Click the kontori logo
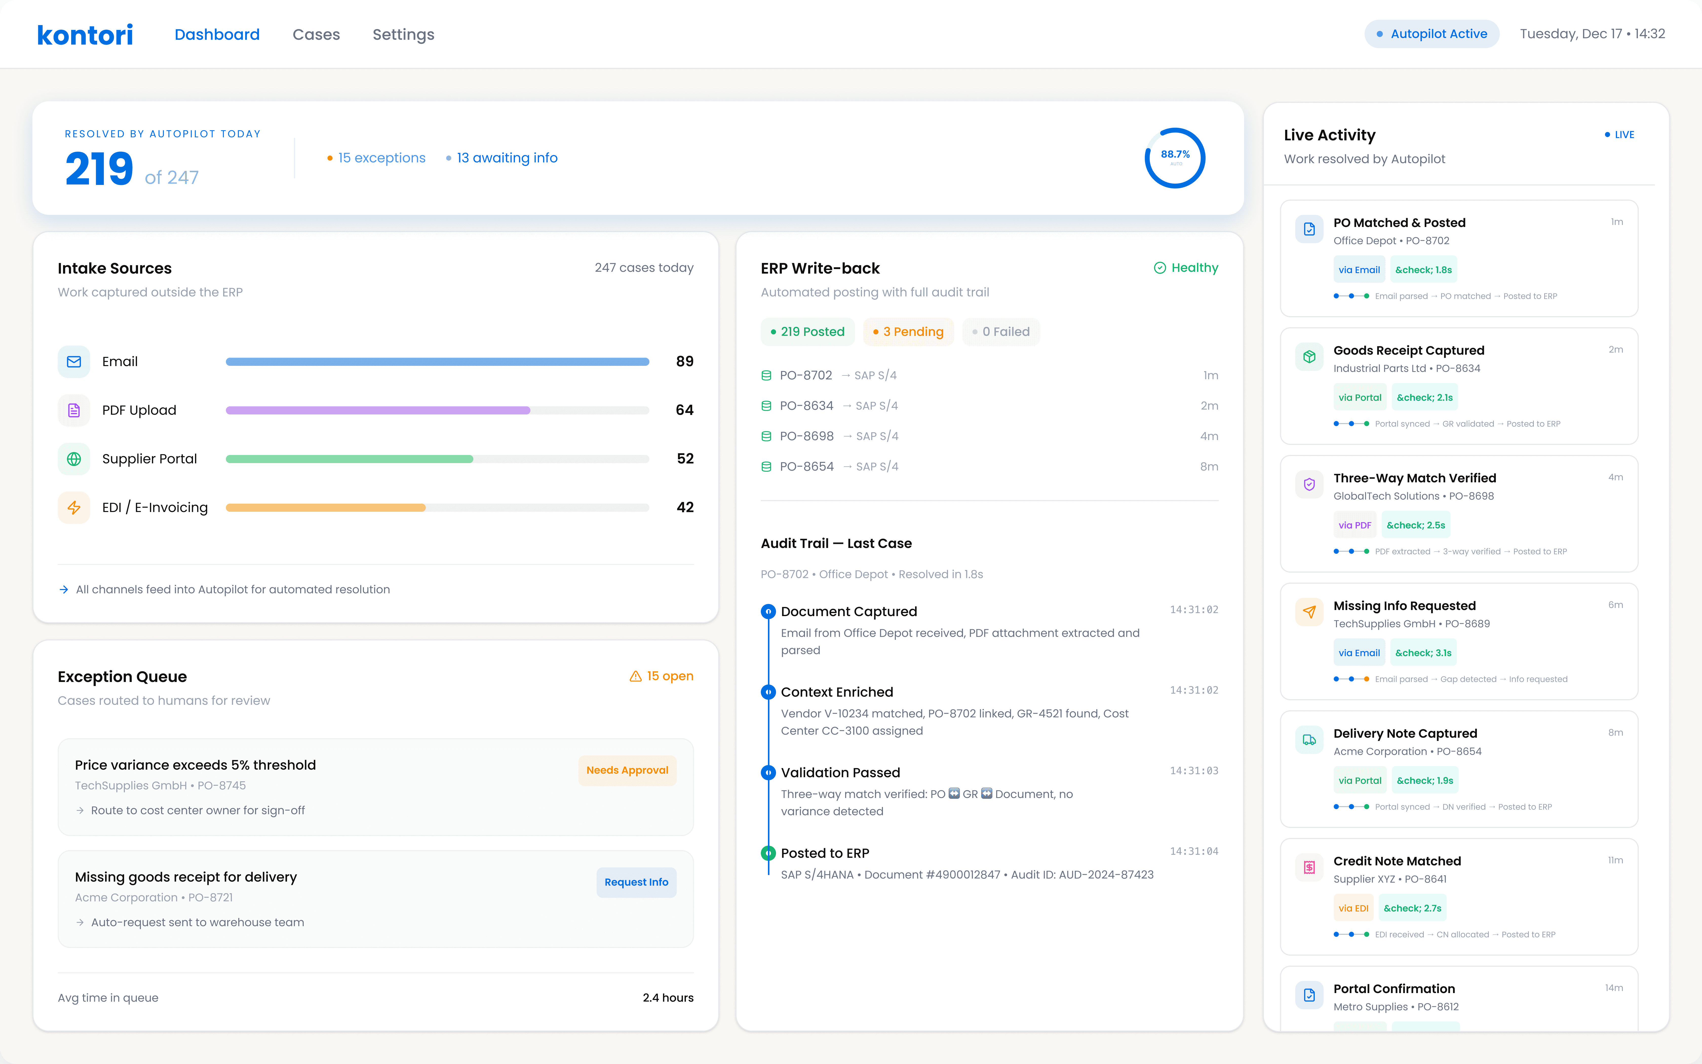(84, 34)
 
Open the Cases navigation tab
(316, 34)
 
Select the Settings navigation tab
(403, 34)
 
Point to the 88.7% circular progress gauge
(1174, 158)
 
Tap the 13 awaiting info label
(506, 158)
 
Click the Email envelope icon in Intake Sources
(74, 362)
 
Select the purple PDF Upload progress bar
(378, 410)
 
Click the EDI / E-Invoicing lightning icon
(74, 507)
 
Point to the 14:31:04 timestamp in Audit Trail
(1193, 851)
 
